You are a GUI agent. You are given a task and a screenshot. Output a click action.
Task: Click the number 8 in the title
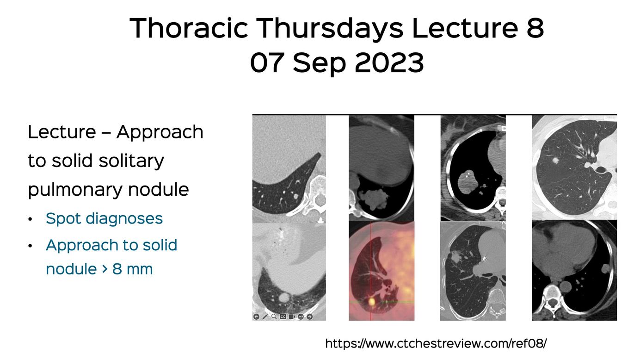pos(535,28)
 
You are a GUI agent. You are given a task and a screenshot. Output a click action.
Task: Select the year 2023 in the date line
pos(389,63)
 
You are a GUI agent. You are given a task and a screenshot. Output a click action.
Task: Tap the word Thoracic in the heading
pos(189,28)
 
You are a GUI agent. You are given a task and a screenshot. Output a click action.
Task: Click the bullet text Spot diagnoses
pos(104,219)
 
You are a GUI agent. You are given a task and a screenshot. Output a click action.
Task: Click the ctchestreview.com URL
pos(436,343)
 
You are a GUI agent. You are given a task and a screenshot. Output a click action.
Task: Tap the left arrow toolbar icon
pos(256,317)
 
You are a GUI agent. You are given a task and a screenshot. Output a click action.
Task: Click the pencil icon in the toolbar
pos(265,317)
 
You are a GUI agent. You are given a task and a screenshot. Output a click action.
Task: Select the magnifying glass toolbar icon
pos(274,317)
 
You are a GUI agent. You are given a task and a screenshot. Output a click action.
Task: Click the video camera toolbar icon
pos(292,317)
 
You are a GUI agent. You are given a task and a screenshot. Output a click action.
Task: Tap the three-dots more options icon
pos(301,317)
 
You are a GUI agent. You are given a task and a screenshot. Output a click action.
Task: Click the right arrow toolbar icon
pos(309,317)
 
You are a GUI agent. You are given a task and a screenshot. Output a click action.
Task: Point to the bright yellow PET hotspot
pos(371,301)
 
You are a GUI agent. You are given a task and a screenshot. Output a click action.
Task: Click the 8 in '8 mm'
pos(117,269)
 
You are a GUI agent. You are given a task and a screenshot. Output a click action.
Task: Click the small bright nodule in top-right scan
pos(555,161)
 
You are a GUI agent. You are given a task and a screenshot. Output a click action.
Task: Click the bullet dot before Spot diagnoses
pos(30,219)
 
